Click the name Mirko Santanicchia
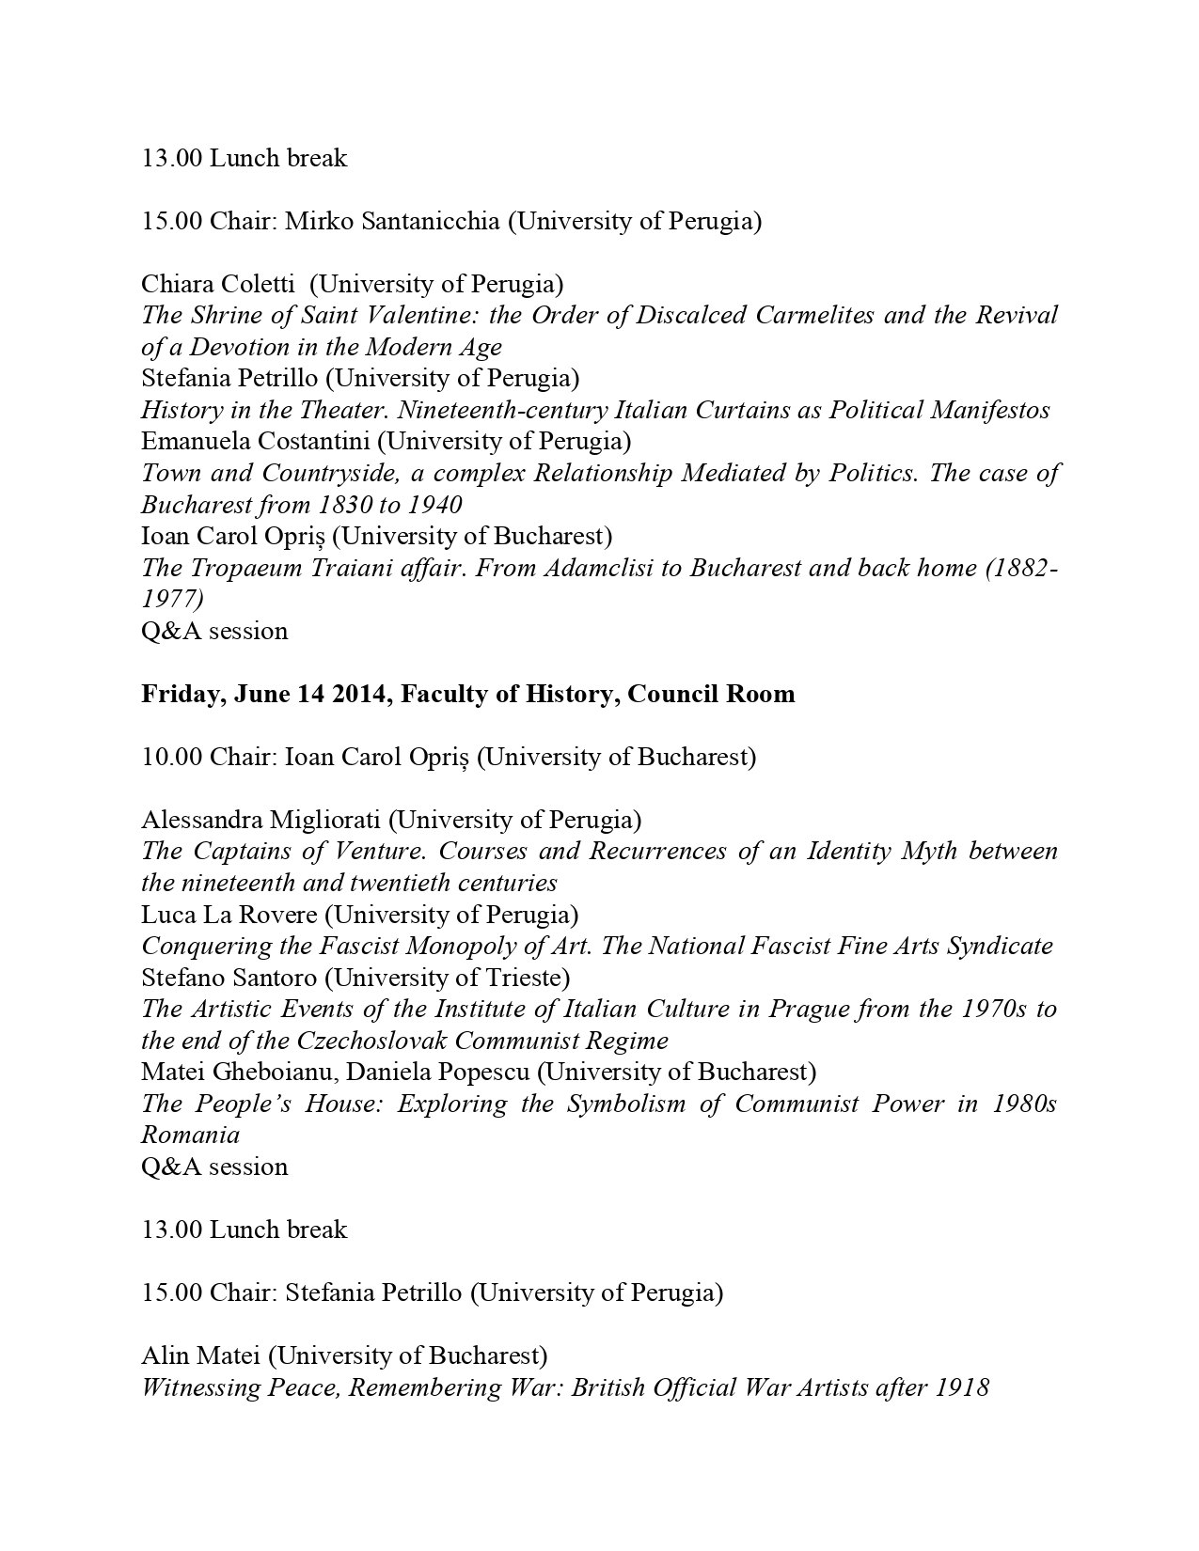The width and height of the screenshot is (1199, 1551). point(392,221)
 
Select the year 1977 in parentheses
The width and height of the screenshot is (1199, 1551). point(172,599)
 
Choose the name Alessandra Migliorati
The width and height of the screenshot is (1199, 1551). point(260,820)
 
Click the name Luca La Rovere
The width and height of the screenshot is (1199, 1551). point(229,914)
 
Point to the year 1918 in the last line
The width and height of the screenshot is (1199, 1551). point(962,1387)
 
